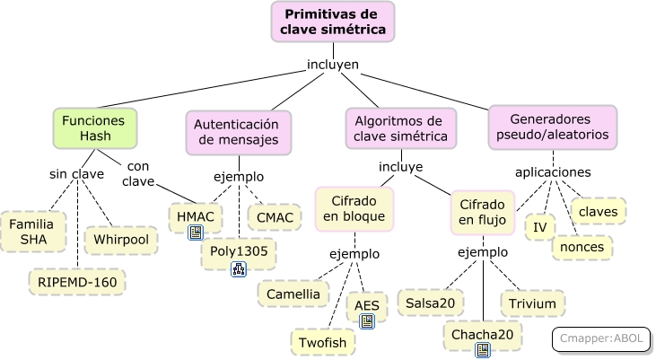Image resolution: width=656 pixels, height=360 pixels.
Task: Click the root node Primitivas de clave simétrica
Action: (x=333, y=22)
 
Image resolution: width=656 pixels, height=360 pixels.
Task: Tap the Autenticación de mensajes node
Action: (x=238, y=132)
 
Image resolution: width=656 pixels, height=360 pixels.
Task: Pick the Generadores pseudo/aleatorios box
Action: (x=553, y=127)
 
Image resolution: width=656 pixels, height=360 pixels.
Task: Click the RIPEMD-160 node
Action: (x=77, y=281)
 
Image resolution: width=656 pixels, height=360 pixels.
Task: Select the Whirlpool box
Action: (x=121, y=240)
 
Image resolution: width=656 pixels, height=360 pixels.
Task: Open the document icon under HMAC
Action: (x=195, y=233)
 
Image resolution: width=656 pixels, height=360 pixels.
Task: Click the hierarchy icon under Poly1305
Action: (x=239, y=268)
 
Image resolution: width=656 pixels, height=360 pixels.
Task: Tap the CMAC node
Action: (x=274, y=216)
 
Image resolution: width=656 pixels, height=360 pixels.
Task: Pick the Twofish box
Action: (x=322, y=341)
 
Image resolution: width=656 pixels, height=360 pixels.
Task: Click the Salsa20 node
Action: (x=430, y=303)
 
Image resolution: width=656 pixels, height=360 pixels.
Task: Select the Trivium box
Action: (x=532, y=303)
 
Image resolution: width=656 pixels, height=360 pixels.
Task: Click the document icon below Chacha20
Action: (x=483, y=350)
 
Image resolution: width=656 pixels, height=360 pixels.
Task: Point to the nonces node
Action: (x=582, y=247)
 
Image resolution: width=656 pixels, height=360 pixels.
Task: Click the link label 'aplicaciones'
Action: (x=553, y=171)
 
